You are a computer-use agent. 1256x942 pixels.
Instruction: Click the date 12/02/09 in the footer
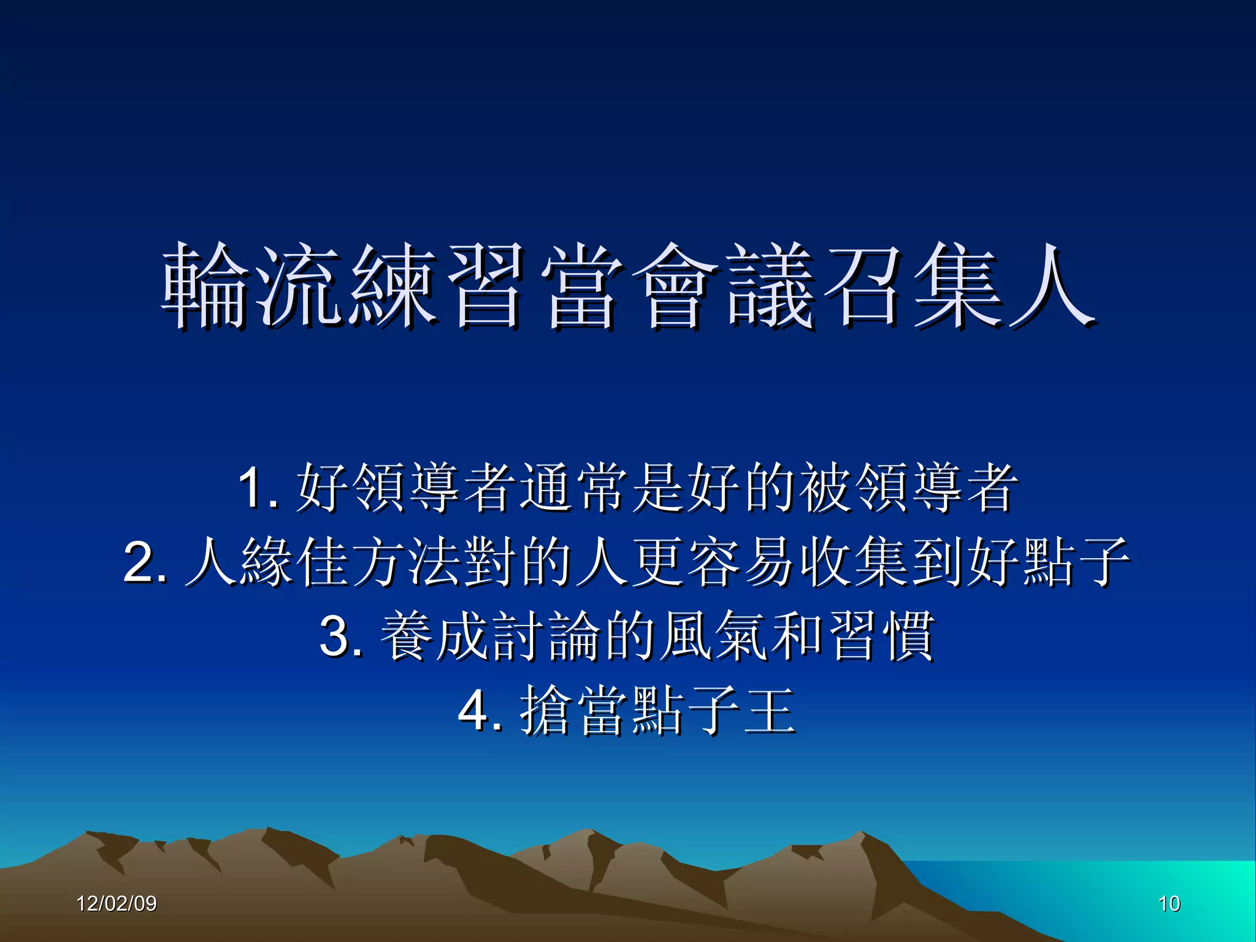tap(117, 903)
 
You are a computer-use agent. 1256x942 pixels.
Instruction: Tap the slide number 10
tap(1169, 903)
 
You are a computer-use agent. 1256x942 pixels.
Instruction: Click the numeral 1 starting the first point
tap(251, 488)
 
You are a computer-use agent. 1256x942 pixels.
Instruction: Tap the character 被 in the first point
tap(825, 488)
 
